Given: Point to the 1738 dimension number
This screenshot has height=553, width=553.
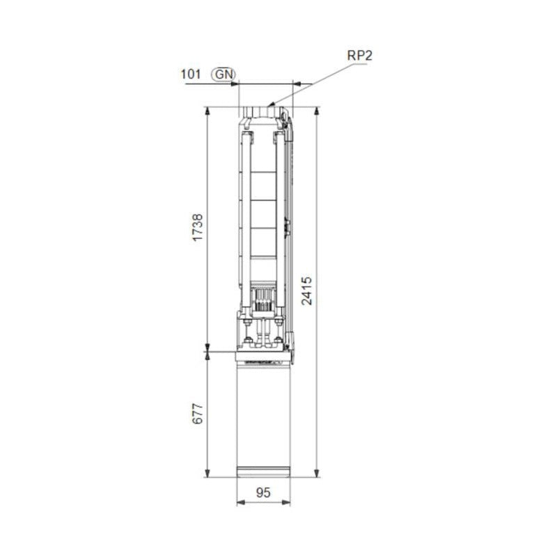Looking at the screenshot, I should tap(198, 228).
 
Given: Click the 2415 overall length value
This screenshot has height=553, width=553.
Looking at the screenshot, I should tap(308, 290).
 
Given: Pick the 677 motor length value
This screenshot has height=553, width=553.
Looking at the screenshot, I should tap(198, 416).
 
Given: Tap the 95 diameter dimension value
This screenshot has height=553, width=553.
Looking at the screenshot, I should tap(263, 492).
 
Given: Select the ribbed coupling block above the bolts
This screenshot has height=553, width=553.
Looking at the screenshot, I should tap(263, 300).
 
